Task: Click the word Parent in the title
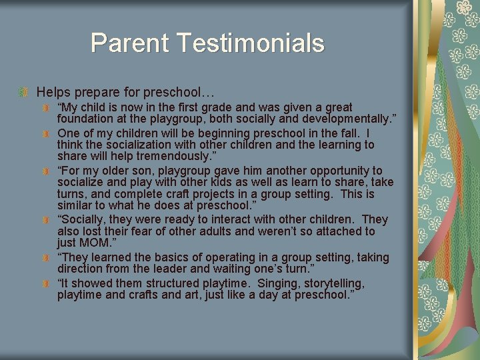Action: pyautogui.click(x=131, y=43)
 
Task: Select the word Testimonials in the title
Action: pyautogui.click(x=251, y=43)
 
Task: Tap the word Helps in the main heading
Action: pyautogui.click(x=52, y=91)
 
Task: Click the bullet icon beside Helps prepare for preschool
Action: pyautogui.click(x=25, y=91)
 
